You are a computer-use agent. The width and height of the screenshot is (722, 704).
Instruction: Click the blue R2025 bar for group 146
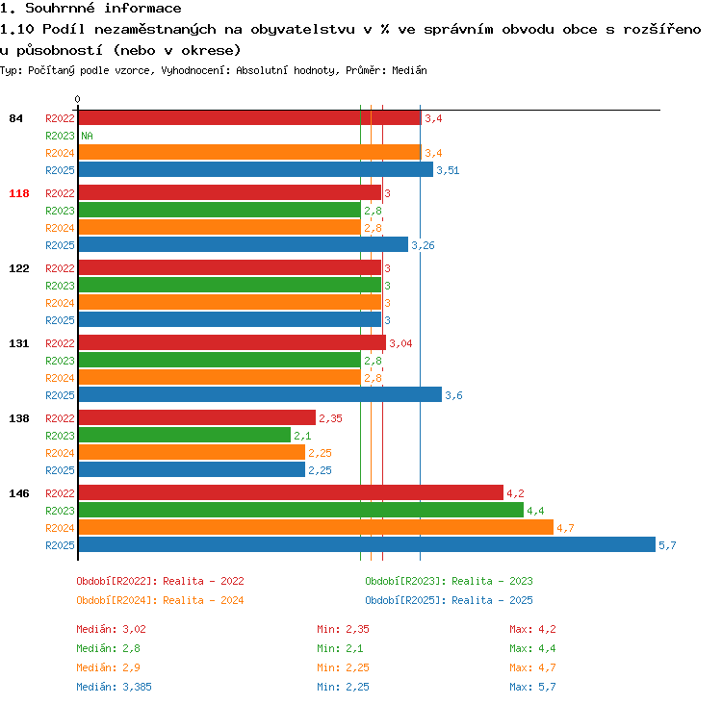tap(367, 544)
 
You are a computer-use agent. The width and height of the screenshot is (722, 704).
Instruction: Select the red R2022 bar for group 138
tap(197, 417)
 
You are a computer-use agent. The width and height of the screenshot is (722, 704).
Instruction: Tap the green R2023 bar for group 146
tap(301, 511)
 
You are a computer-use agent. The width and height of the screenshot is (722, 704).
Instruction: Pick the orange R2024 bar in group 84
tap(250, 152)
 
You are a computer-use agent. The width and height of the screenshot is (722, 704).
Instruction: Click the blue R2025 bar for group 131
tap(260, 394)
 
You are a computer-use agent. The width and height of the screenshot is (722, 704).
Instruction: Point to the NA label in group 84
tap(87, 136)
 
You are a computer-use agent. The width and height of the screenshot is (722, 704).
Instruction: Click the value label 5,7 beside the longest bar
tap(667, 545)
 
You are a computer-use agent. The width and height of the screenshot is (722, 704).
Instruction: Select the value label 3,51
tap(448, 170)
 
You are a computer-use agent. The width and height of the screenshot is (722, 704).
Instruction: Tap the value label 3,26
tap(423, 245)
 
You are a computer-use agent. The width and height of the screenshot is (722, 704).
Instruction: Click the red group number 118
tap(19, 193)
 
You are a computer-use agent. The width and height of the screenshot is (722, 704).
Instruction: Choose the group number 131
tap(19, 343)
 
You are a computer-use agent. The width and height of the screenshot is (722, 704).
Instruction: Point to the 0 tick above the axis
tap(77, 99)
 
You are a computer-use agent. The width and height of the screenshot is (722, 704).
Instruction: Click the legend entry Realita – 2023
tap(492, 581)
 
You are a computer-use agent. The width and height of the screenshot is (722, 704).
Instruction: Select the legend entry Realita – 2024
tap(203, 600)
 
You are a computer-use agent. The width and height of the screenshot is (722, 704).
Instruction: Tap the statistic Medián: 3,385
tap(114, 687)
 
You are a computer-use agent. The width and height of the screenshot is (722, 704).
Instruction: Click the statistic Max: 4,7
tap(532, 667)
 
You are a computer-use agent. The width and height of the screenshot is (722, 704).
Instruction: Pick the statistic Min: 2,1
tap(340, 648)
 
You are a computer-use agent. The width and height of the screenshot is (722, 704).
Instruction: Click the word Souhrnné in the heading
tap(60, 8)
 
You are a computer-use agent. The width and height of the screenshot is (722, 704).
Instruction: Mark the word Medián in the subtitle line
tap(409, 70)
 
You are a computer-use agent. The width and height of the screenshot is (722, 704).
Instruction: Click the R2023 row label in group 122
tap(60, 286)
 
